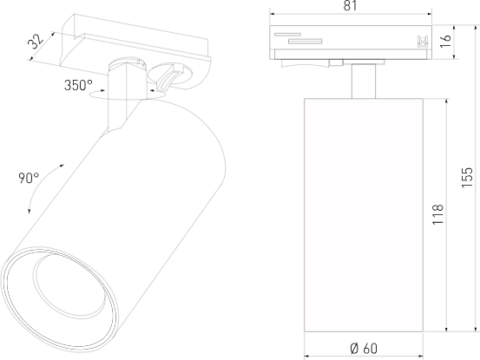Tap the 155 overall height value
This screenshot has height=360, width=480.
point(467,178)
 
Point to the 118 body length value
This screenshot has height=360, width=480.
point(437,214)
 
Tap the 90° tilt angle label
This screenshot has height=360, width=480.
point(28,178)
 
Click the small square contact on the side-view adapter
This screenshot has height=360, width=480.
point(423,41)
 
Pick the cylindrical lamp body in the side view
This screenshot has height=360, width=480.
point(364,213)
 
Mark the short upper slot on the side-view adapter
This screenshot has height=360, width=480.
point(287,36)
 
